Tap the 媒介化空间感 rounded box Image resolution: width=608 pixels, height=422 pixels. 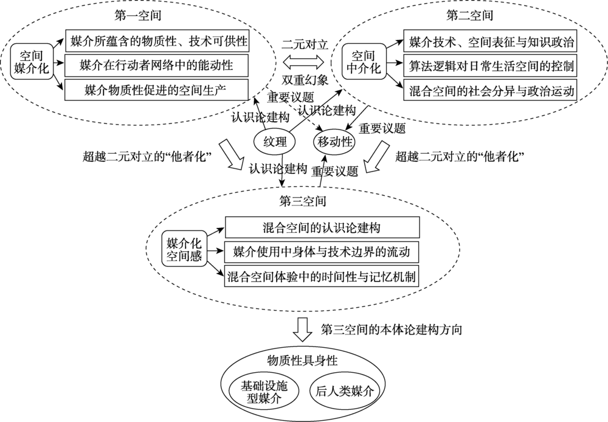[x=184, y=249]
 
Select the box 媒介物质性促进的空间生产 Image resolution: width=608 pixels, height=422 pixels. [x=156, y=89]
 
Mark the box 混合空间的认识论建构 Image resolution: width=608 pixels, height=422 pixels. [x=322, y=228]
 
